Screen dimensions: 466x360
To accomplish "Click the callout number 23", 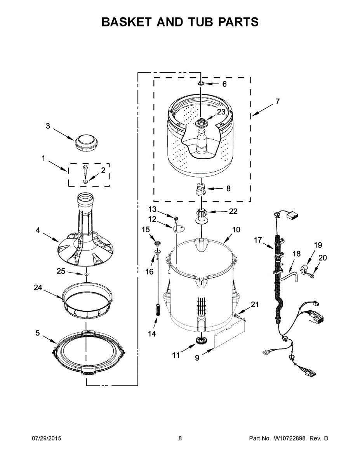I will click(221, 112).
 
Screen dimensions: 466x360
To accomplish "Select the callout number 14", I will click(152, 334).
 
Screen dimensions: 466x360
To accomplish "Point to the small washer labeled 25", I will click(85, 274).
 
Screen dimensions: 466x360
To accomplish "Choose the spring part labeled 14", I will click(158, 309).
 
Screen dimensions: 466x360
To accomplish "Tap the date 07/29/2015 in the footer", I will click(46, 438).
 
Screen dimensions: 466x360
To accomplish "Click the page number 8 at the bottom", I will click(180, 438).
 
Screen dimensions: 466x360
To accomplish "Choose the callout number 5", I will click(38, 333).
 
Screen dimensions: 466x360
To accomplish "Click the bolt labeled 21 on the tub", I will click(237, 316).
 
